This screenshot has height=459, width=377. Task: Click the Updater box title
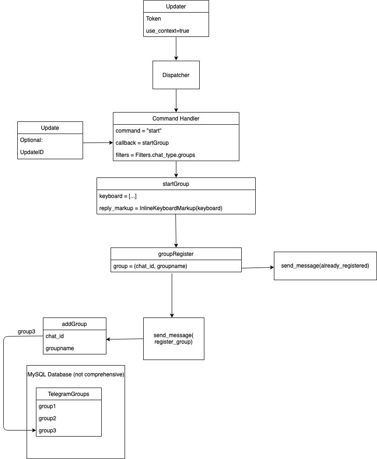(176, 7)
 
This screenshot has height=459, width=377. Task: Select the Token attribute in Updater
(153, 18)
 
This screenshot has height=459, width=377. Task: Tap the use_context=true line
(168, 31)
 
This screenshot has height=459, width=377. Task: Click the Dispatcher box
(176, 75)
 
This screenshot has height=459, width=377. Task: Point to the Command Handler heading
(176, 119)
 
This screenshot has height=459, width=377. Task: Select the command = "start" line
(138, 131)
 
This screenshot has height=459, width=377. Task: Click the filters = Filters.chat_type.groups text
(155, 155)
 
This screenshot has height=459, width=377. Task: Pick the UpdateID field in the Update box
(32, 152)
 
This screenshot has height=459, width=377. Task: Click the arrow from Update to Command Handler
(98, 143)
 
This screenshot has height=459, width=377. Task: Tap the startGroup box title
(176, 184)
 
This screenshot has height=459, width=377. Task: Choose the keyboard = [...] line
(118, 196)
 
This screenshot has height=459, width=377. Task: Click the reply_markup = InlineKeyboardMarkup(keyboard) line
(161, 208)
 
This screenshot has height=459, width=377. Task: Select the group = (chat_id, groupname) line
(150, 266)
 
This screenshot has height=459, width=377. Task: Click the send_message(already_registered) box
(325, 266)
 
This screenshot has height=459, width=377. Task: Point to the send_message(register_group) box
(174, 339)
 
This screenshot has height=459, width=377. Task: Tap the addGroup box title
(74, 324)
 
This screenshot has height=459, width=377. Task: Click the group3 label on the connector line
(26, 332)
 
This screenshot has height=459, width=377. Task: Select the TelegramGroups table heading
(69, 394)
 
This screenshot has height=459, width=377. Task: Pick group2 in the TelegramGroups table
(47, 418)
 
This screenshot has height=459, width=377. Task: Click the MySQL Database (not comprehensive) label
(76, 374)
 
